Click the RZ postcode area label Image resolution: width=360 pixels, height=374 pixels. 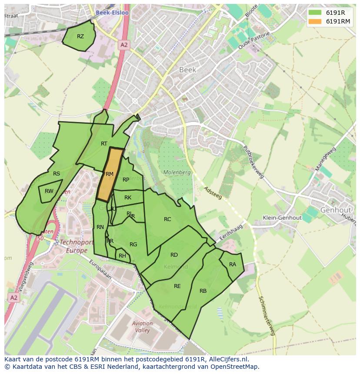pyautogui.click(x=80, y=36)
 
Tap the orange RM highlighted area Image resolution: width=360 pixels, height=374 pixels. pyautogui.click(x=109, y=174)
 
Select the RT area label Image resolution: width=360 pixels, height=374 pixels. pyautogui.click(x=104, y=144)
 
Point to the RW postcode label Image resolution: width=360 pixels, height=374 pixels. pyautogui.click(x=49, y=191)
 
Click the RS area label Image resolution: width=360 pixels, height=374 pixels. pyautogui.click(x=57, y=174)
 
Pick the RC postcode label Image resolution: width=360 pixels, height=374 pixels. pyautogui.click(x=167, y=219)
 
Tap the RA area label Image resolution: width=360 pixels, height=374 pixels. pyautogui.click(x=233, y=265)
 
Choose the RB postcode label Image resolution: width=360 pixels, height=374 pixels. pyautogui.click(x=203, y=291)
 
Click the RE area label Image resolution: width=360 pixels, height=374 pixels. pyautogui.click(x=177, y=286)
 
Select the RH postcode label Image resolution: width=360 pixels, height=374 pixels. pyautogui.click(x=122, y=256)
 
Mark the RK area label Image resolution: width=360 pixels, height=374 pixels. pyautogui.click(x=128, y=198)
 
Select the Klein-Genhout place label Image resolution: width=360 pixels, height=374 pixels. pyautogui.click(x=282, y=218)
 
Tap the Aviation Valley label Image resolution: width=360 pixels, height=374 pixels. pyautogui.click(x=143, y=327)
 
